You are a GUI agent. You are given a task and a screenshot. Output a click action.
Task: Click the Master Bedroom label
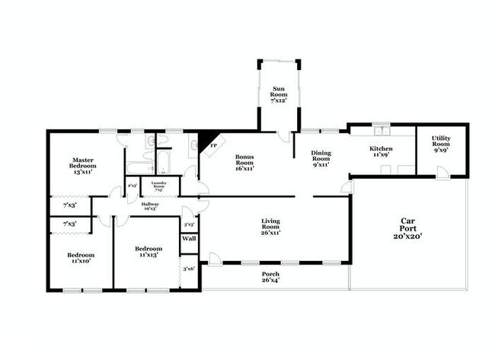coord(82,165)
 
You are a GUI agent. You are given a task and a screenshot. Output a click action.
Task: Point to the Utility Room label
coord(441,143)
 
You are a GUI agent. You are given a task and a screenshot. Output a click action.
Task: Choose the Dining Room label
coord(321,158)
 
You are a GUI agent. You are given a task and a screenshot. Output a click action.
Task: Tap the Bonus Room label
coord(244,163)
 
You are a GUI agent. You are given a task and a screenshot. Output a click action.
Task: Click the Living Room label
coord(270,226)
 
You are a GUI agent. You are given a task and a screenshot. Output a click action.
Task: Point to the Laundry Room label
coord(158,185)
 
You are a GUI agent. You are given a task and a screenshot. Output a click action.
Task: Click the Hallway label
coord(150,205)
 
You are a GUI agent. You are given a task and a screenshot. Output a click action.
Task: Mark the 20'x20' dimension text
coord(407,236)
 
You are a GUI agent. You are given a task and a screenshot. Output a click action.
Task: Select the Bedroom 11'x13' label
coord(148,252)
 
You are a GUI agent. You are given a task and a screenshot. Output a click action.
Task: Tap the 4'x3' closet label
coord(132,185)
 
